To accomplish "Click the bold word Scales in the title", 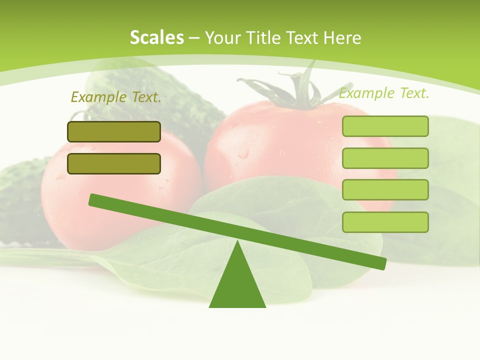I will [x=156, y=37].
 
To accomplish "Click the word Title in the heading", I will [x=263, y=38].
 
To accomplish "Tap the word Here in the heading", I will [x=342, y=38].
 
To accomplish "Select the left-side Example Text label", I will [x=116, y=97].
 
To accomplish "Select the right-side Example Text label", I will [x=384, y=93].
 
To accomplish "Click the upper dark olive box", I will [x=114, y=131].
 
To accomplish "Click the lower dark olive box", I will [x=114, y=163].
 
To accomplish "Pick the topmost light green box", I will [x=385, y=126].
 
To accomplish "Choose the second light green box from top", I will [x=385, y=158].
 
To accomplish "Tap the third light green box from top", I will [x=385, y=189].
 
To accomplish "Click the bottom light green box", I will [x=385, y=222].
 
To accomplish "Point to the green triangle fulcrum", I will [x=237, y=285].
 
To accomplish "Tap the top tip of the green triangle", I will [x=238, y=242].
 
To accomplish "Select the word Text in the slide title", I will [x=304, y=38].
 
